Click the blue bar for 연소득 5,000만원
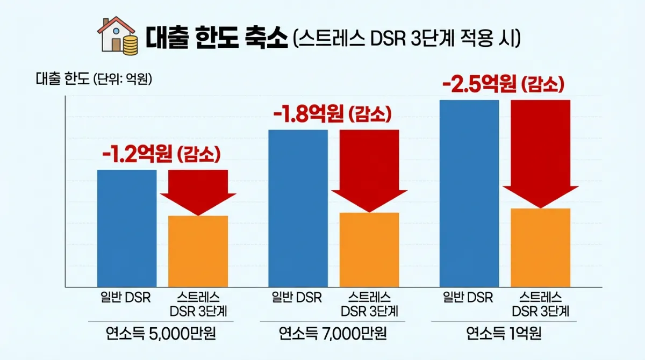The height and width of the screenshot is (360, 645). tap(127, 228)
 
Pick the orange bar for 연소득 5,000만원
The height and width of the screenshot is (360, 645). tap(198, 251)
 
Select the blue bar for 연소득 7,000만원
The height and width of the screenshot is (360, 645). tap(298, 208)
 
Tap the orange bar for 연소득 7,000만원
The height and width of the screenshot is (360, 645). tap(369, 250)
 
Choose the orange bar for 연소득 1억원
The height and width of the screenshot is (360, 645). tap(540, 248)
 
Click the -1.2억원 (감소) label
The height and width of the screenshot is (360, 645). tap(161, 155)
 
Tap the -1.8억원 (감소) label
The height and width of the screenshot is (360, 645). tap(332, 114)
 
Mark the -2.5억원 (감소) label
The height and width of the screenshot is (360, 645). tap(503, 85)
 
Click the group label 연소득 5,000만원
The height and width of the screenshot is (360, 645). tap(162, 334)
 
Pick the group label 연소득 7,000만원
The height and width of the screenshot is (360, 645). tap(333, 334)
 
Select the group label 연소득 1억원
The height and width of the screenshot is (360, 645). tap(504, 334)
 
